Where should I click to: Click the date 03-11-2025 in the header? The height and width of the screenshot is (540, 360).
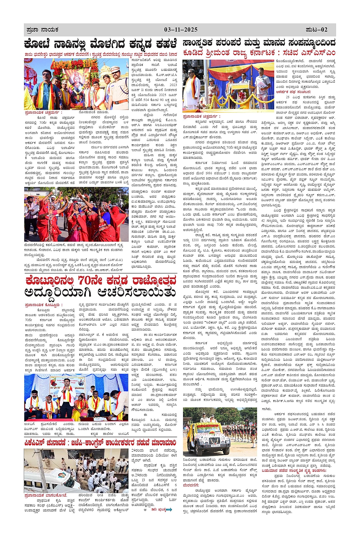pyautogui.click(x=181, y=30)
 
